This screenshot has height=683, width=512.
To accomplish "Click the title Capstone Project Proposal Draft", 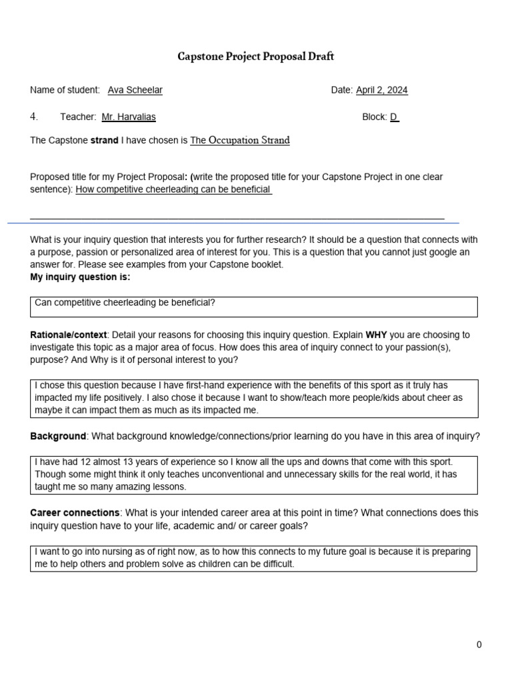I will pyautogui.click(x=255, y=57).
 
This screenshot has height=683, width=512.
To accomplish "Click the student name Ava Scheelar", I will pyautogui.click(x=135, y=90).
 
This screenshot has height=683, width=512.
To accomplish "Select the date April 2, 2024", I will pyautogui.click(x=381, y=90).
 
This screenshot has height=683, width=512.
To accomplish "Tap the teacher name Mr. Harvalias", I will pyautogui.click(x=129, y=117).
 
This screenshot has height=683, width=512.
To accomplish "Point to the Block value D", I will pyautogui.click(x=393, y=117).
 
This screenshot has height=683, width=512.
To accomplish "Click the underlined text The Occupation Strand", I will pyautogui.click(x=240, y=141).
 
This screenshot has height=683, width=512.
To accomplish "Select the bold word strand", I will pyautogui.click(x=105, y=141).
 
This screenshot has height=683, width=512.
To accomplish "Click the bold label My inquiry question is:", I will pyautogui.click(x=80, y=277).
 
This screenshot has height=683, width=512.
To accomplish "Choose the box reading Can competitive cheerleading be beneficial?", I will pyautogui.click(x=254, y=306).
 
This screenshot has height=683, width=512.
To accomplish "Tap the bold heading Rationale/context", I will pyautogui.click(x=69, y=334).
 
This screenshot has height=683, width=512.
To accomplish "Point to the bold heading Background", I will pyautogui.click(x=58, y=436).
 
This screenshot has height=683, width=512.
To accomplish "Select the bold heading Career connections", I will pyautogui.click(x=75, y=513).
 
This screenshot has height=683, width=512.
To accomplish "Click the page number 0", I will pyautogui.click(x=479, y=644).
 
